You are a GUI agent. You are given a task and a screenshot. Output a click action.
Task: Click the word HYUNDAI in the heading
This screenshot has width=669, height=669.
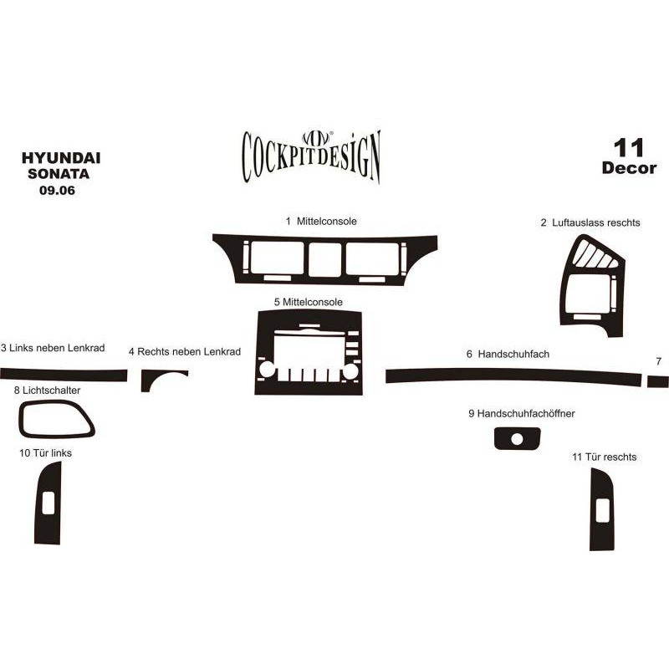pyautogui.click(x=61, y=158)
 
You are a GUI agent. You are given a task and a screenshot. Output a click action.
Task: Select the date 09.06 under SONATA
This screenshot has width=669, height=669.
pyautogui.click(x=57, y=191)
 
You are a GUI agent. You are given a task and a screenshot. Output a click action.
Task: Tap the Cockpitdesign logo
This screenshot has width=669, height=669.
pyautogui.click(x=311, y=157)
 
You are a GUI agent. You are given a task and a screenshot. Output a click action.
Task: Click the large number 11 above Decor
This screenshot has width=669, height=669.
pyautogui.click(x=629, y=148)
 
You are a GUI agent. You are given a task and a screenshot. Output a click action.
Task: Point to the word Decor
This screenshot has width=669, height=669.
pyautogui.click(x=629, y=168)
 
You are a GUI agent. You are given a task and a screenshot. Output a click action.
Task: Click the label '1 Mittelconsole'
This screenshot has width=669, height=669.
pyautogui.click(x=321, y=221)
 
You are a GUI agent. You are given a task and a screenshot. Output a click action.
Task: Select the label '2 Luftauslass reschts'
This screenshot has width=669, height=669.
pyautogui.click(x=590, y=222)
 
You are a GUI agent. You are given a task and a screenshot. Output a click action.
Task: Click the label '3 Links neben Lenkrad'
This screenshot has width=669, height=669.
pyautogui.click(x=53, y=348)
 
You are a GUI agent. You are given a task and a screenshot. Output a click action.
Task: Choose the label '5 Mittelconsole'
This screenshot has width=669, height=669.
pyautogui.click(x=309, y=302)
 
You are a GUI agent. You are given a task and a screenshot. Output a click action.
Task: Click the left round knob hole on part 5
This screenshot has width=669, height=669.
pyautogui.click(x=267, y=370)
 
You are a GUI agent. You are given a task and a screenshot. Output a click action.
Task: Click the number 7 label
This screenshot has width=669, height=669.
pyautogui.click(x=658, y=361)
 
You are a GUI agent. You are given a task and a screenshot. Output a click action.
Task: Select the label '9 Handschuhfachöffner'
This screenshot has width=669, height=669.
pyautogui.click(x=522, y=413)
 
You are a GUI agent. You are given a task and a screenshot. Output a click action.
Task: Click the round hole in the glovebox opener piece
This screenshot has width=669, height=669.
pyautogui.click(x=517, y=440)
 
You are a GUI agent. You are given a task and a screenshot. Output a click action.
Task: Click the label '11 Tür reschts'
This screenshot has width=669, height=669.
pyautogui.click(x=604, y=457)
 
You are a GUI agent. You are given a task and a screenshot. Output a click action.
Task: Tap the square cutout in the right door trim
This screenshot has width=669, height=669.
pyautogui.click(x=602, y=510)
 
